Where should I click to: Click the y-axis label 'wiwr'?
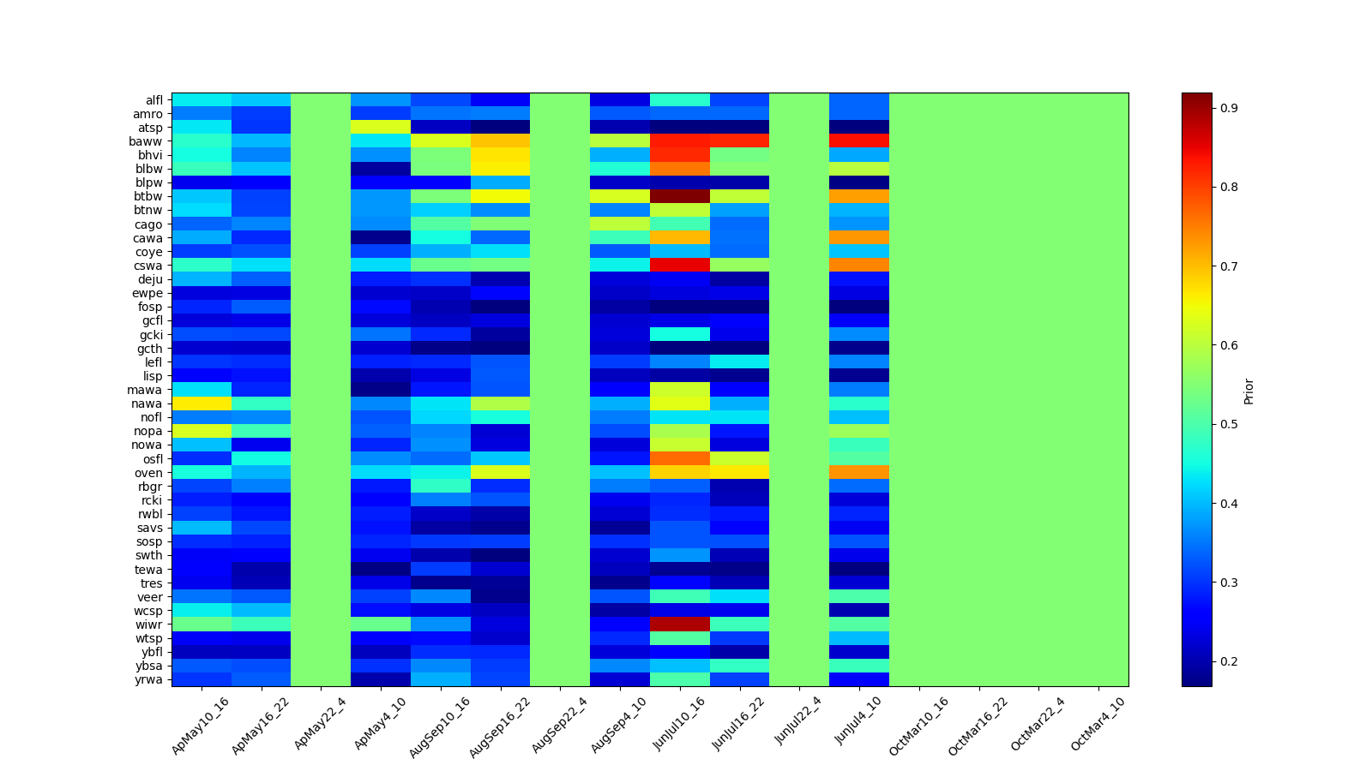[x=151, y=625]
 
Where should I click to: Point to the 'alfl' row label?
[x=153, y=100]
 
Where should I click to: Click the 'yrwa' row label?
[x=151, y=679]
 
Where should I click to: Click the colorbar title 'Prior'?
[x=1249, y=391]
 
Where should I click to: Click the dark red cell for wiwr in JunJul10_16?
[x=680, y=625]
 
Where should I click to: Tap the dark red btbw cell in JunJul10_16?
[x=680, y=196]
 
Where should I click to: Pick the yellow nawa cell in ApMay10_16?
[x=202, y=403]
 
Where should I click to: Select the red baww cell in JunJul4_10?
[x=859, y=141]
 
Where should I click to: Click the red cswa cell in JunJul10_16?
[x=680, y=266]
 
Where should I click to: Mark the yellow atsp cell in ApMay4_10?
[x=381, y=128]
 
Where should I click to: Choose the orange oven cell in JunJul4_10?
[x=859, y=472]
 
